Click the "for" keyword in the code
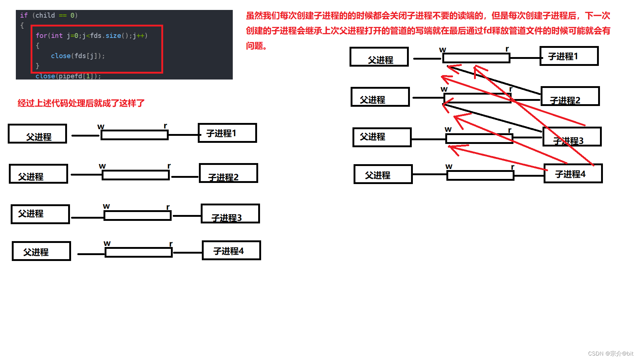click(x=41, y=36)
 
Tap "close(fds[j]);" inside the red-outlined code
click(x=78, y=56)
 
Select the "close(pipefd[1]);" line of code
click(x=68, y=76)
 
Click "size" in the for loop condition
click(x=113, y=36)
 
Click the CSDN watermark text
click(x=610, y=353)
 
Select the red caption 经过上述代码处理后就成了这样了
click(x=81, y=103)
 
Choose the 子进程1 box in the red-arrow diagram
click(x=569, y=56)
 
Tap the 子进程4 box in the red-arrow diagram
click(x=573, y=173)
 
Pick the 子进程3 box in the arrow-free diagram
click(x=230, y=213)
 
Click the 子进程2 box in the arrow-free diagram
click(x=228, y=173)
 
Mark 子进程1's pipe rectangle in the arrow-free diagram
click(x=134, y=135)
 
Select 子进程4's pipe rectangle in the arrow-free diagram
click(x=138, y=252)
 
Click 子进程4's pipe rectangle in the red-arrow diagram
click(x=480, y=176)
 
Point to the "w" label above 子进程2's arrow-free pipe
click(x=102, y=166)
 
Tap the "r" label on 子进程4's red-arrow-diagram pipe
click(x=512, y=167)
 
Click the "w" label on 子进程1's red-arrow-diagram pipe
click(x=443, y=50)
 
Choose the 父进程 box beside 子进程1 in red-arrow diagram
click(x=379, y=57)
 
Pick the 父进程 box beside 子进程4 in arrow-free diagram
click(x=41, y=251)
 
